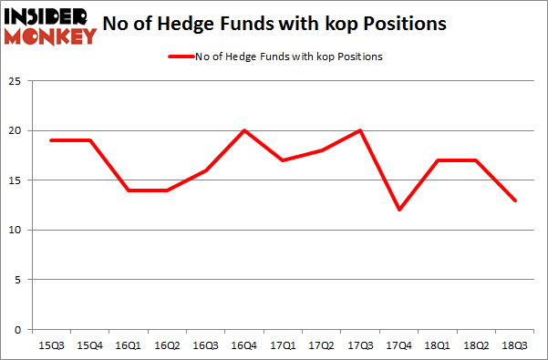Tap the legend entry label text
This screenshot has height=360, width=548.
288,57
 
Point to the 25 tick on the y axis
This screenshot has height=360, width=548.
15,81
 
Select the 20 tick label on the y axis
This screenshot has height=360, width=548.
15,130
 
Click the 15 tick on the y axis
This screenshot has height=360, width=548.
15,180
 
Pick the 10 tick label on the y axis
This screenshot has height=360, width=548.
15,230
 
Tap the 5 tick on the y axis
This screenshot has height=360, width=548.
18,280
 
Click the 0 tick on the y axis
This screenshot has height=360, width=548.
18,329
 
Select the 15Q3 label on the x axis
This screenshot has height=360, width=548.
51,345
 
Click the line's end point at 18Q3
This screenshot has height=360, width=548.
515,201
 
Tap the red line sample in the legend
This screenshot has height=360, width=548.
180,57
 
